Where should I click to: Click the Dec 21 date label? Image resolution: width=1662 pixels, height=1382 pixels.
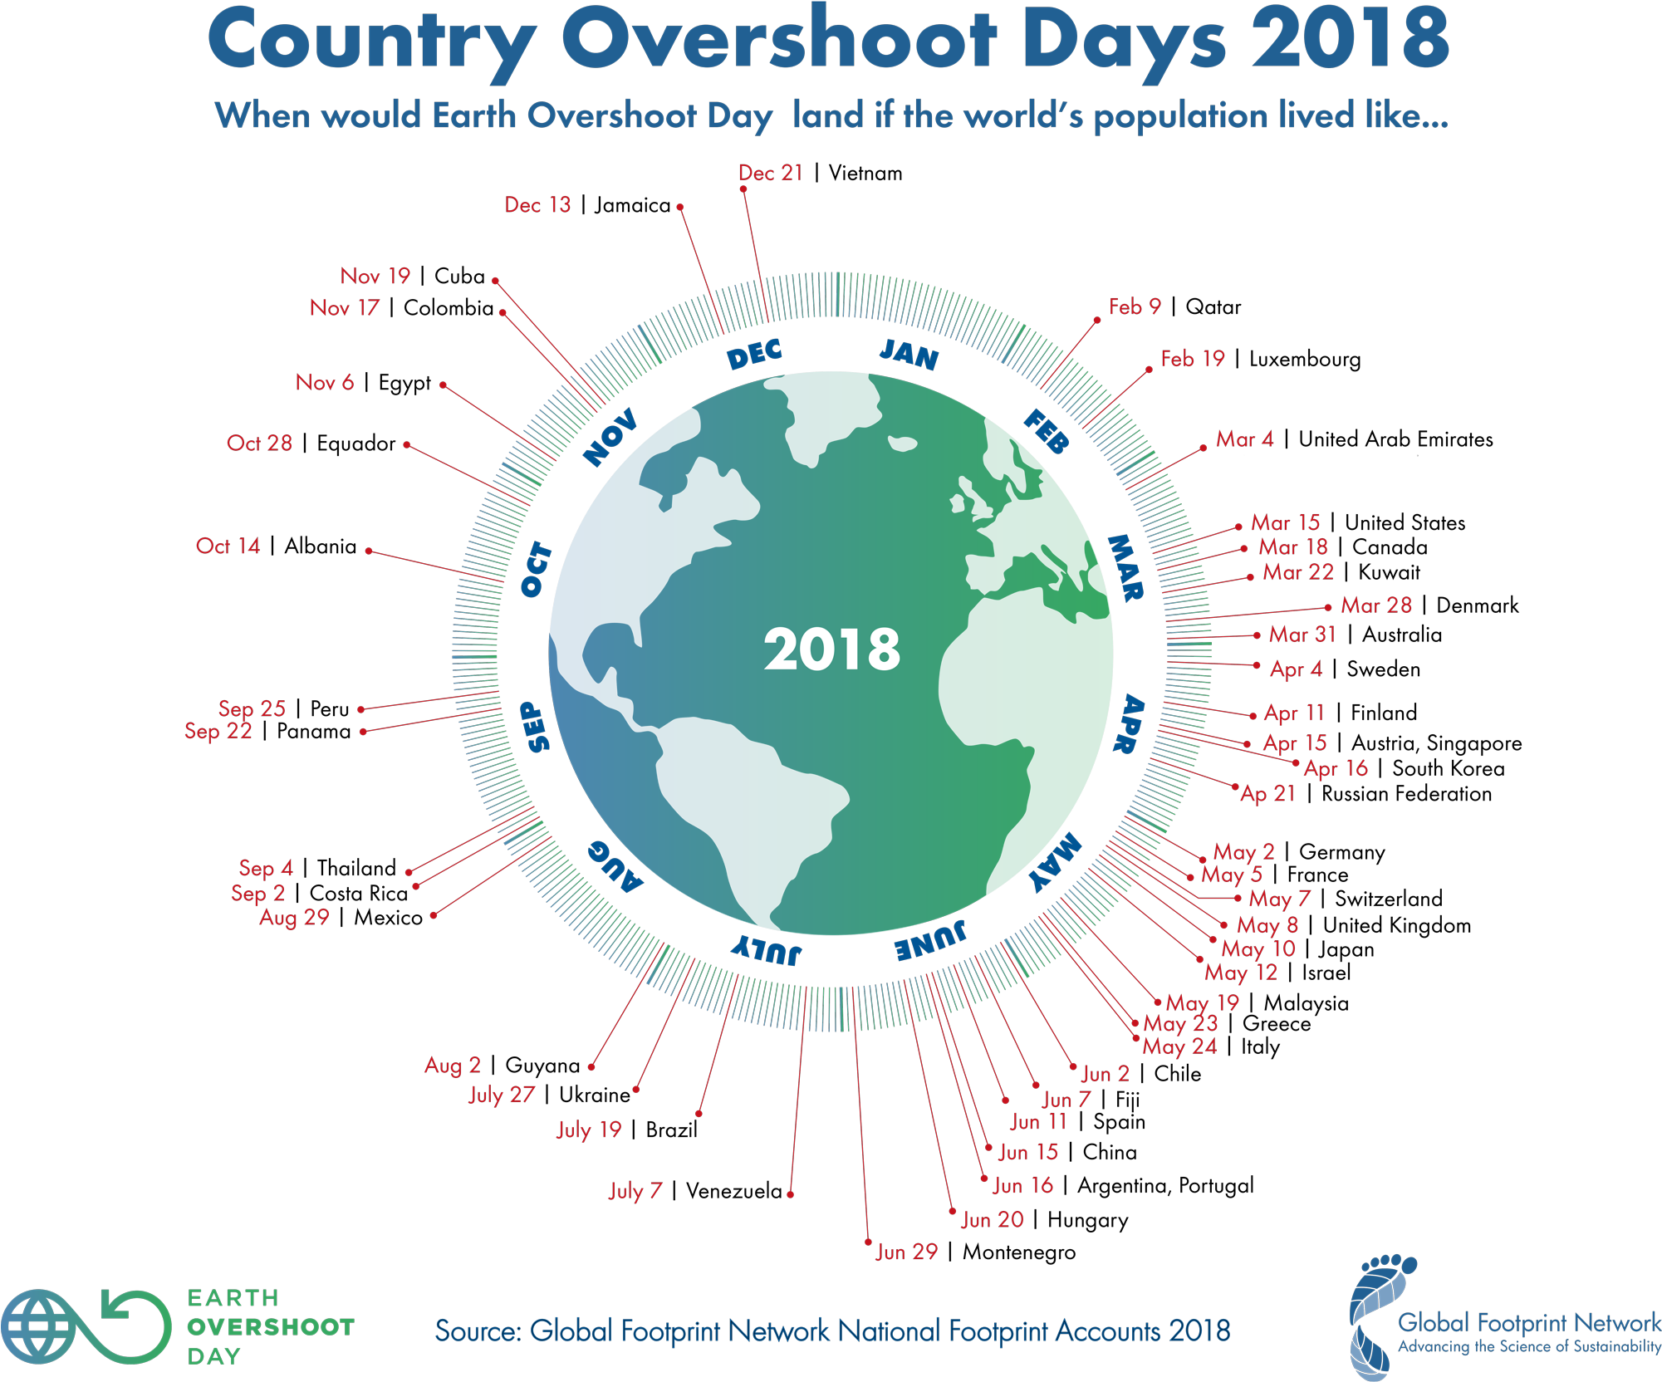770,173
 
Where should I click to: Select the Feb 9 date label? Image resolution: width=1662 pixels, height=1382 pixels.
1134,306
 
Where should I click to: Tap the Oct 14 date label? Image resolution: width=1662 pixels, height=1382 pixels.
228,546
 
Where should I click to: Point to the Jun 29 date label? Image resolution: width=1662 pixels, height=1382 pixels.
905,1252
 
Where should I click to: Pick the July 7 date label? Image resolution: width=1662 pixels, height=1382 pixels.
635,1191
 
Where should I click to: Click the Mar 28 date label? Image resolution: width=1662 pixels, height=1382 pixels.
1375,605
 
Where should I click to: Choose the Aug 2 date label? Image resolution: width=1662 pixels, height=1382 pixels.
453,1066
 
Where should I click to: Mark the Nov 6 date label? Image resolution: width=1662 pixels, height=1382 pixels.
325,383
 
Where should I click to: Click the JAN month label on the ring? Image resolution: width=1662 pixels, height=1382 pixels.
909,355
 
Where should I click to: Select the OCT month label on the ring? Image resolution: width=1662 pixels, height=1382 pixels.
537,570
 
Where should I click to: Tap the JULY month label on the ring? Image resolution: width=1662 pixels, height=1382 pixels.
766,949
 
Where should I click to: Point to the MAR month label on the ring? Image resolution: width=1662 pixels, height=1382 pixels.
1126,568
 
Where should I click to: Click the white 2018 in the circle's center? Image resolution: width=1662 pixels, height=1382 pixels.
831,649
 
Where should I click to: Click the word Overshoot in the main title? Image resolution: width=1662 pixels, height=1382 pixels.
779,40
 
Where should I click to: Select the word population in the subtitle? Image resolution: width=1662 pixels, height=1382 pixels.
1180,115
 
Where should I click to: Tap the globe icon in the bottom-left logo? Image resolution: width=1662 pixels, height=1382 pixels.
37,1326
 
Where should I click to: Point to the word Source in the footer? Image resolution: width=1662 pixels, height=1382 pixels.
478,1331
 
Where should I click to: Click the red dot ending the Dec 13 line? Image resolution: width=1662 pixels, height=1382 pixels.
679,207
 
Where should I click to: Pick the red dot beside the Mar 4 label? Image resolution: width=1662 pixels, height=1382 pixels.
1203,448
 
